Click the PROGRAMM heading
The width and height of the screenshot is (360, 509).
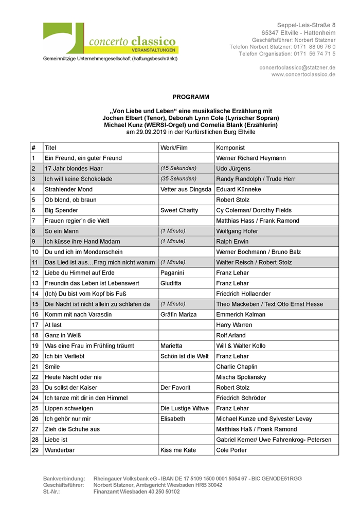[x=191, y=97]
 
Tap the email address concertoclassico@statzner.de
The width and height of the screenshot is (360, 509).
[x=297, y=67]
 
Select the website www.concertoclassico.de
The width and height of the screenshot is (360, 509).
[x=303, y=75]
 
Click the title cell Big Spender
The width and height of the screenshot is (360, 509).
[x=62, y=210]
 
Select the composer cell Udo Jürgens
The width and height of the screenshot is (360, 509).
[x=233, y=169]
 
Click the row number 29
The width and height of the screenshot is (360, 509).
[x=35, y=450]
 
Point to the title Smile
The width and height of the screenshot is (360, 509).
[x=52, y=367]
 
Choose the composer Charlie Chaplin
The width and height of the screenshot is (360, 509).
[x=237, y=367]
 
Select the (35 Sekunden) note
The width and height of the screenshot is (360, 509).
[x=178, y=179]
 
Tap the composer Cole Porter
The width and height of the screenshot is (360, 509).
[x=231, y=450]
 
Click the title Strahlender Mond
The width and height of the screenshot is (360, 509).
[x=68, y=189]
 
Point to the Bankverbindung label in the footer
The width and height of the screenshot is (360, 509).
[x=64, y=479]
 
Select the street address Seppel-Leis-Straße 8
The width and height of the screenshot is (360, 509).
[x=306, y=25]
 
